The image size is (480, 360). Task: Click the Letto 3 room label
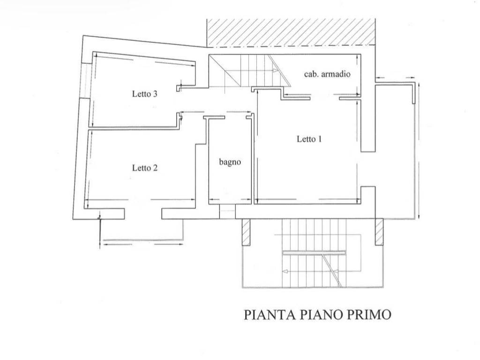click(144, 94)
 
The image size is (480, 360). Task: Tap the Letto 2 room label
click(144, 168)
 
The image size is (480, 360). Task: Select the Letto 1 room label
click(309, 139)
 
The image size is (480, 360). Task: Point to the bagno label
click(230, 162)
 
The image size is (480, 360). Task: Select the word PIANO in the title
click(319, 315)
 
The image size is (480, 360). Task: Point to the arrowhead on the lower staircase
click(285, 271)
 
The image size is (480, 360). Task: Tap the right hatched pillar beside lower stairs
click(379, 232)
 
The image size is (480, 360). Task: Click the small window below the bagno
click(227, 211)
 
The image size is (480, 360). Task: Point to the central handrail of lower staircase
click(314, 253)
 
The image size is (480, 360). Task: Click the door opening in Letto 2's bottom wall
click(143, 214)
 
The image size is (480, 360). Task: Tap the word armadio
click(338, 74)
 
